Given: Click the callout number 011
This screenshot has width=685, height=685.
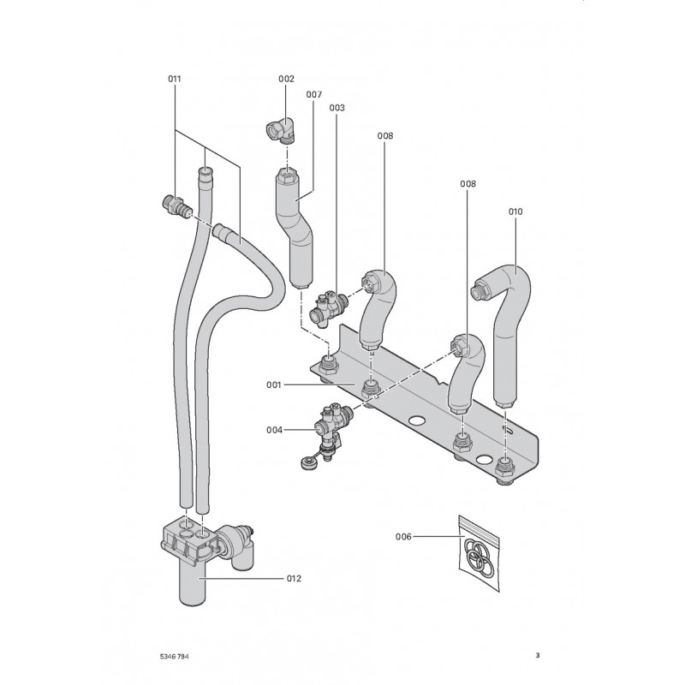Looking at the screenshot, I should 175,79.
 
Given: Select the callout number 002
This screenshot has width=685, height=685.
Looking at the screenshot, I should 286,79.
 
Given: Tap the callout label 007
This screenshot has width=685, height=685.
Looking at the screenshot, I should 313,93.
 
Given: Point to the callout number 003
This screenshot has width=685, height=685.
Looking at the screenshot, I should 337,108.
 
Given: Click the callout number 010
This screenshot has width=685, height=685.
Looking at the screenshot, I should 515,211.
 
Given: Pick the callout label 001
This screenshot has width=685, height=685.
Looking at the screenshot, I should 274,385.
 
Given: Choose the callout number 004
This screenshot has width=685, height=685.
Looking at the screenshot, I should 274,430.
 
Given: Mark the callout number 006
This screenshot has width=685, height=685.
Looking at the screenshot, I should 404,537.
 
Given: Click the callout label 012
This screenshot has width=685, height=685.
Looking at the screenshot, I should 293,579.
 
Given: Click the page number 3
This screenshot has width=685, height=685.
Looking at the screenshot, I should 537,657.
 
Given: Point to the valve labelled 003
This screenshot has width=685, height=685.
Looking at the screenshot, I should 329,304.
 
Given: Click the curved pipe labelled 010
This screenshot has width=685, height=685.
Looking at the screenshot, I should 507,325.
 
